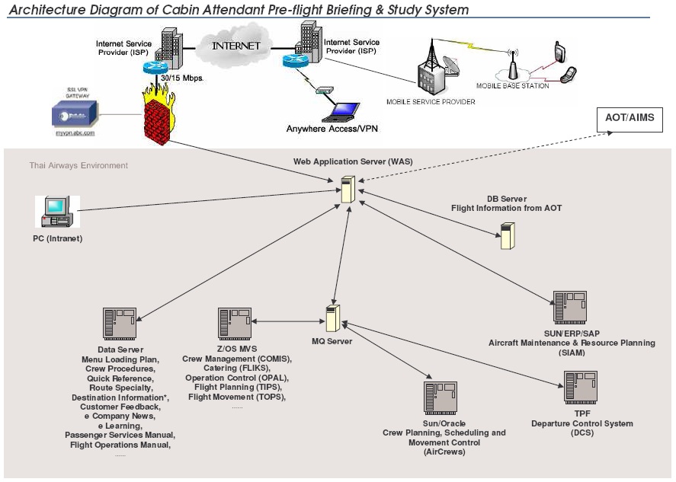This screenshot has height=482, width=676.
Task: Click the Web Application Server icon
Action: click(348, 189)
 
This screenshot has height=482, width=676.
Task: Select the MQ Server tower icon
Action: click(332, 318)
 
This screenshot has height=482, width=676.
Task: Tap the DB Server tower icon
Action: click(507, 236)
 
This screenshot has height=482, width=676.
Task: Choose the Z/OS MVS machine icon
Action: click(234, 323)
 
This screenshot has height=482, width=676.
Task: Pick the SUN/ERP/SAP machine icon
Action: click(571, 307)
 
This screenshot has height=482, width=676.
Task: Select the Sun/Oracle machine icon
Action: click(440, 397)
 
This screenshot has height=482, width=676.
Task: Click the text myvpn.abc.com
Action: click(75, 133)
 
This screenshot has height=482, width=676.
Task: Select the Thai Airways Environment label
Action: click(78, 165)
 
